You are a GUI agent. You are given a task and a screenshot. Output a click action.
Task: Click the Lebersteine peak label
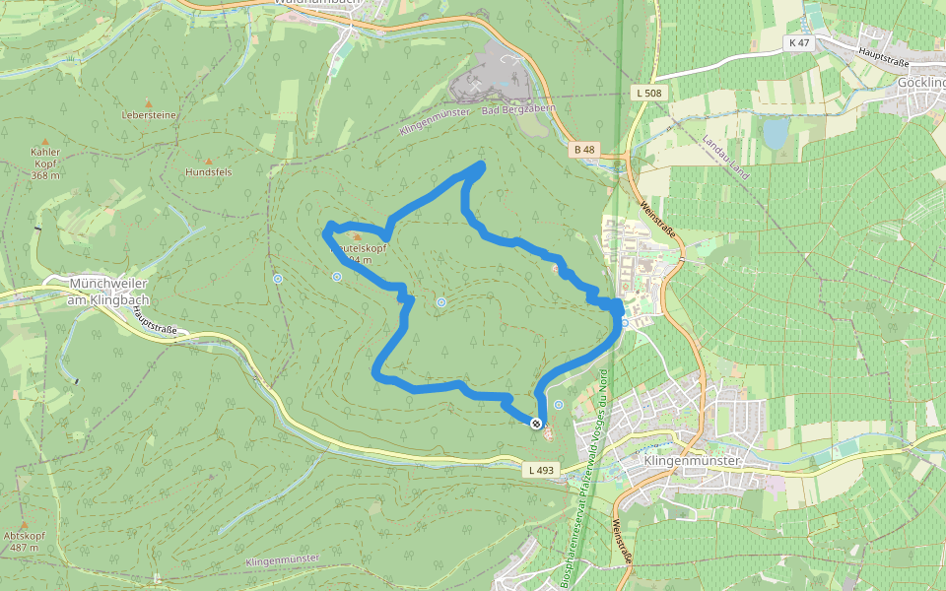149,115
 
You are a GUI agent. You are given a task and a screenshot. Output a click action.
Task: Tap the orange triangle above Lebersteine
149,102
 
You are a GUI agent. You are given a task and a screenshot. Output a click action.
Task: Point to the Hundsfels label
208,171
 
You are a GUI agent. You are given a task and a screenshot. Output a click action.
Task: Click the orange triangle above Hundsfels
208,160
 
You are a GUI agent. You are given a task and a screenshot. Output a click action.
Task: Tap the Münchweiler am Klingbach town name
108,291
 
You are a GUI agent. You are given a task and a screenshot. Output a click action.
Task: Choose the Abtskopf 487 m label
24,542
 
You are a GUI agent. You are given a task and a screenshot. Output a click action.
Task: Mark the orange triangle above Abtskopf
24,525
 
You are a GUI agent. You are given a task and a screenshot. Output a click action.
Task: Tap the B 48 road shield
584,150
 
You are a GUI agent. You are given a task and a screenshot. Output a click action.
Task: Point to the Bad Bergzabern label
518,109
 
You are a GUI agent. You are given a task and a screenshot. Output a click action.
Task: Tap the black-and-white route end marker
536,424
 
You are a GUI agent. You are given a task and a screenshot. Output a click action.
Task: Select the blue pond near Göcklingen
777,133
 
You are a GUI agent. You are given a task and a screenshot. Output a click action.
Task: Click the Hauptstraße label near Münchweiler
153,320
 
